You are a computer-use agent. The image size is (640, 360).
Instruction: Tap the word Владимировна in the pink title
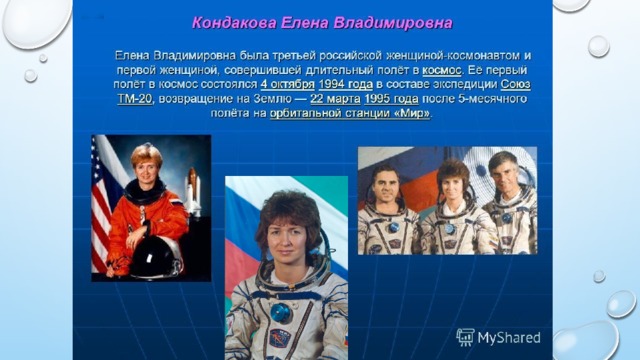(393, 23)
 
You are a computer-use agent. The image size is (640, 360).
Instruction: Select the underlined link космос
(442, 70)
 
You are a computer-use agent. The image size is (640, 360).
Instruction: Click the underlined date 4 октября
(287, 84)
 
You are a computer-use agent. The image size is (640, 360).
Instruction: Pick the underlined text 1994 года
(346, 84)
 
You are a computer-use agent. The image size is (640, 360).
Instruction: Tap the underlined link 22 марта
(335, 99)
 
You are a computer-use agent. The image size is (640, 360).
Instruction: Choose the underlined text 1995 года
(391, 99)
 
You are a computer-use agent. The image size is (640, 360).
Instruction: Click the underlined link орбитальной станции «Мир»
(350, 113)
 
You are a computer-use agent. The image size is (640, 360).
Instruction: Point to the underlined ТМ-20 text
(135, 99)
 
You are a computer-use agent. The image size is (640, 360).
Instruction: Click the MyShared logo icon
(465, 337)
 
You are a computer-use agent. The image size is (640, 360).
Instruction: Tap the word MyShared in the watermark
(509, 338)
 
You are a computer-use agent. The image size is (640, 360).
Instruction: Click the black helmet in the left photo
(156, 258)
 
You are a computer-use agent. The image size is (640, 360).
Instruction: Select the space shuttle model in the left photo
(193, 192)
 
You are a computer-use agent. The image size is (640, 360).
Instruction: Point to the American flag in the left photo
(102, 204)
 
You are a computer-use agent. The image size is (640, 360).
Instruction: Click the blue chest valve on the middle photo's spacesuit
(281, 313)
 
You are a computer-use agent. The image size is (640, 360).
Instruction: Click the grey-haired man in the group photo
(510, 204)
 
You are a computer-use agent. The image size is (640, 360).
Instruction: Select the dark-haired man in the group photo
(386, 210)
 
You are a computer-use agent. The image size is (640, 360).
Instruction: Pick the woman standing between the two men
(453, 208)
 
